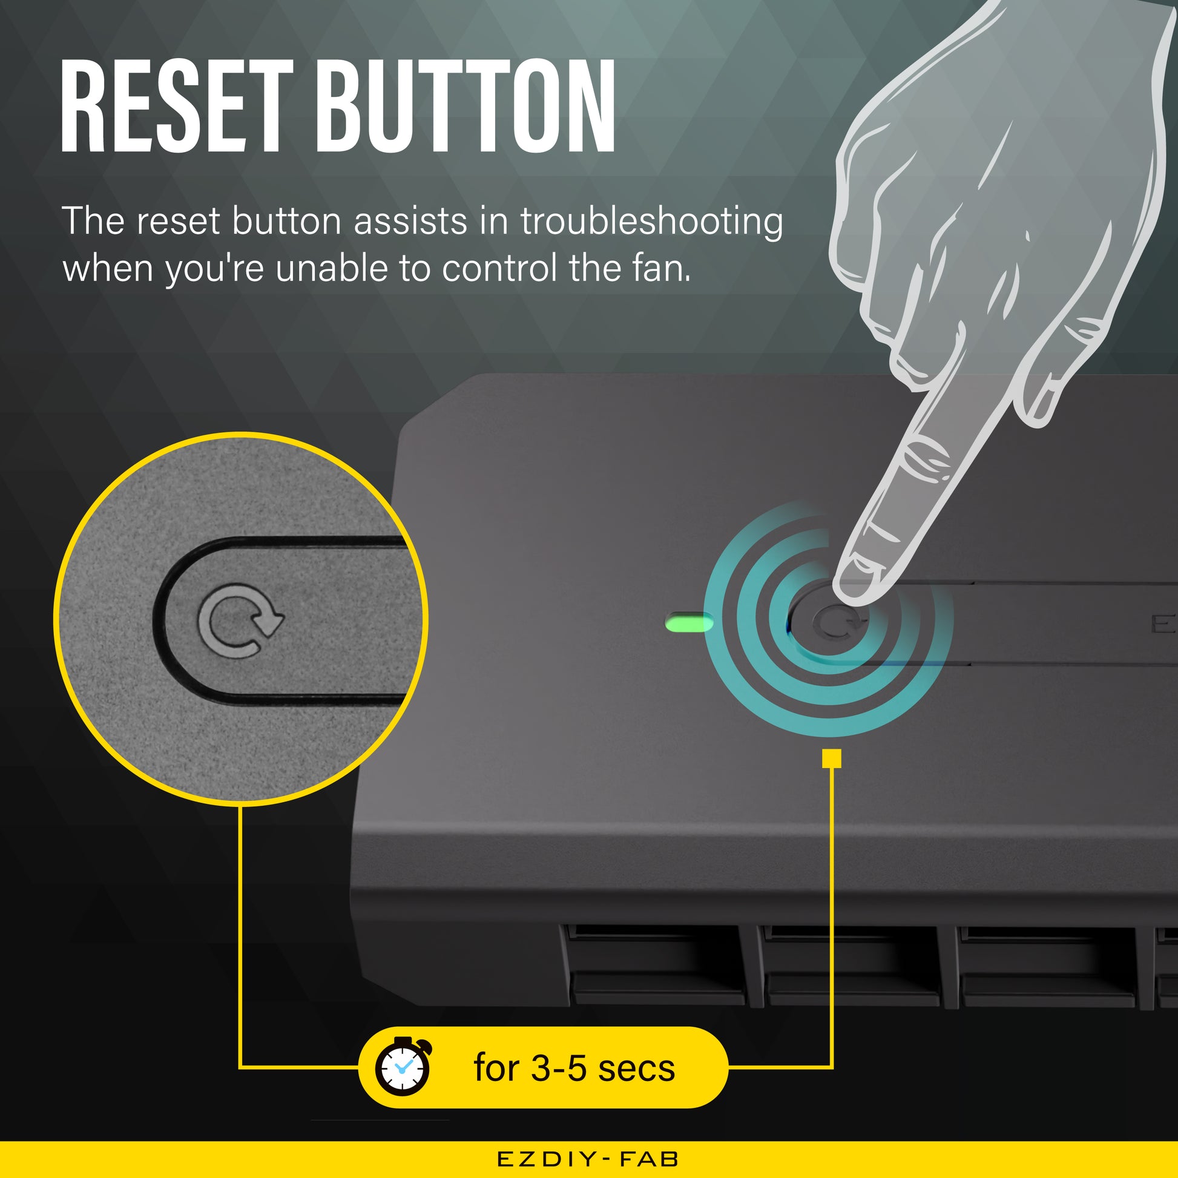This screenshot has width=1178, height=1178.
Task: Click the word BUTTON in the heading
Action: click(467, 105)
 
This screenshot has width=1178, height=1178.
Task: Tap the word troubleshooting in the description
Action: click(651, 222)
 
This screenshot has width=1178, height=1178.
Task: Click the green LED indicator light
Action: click(689, 623)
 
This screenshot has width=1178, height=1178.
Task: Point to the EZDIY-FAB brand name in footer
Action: click(588, 1159)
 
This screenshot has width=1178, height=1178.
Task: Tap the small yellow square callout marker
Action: click(832, 758)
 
